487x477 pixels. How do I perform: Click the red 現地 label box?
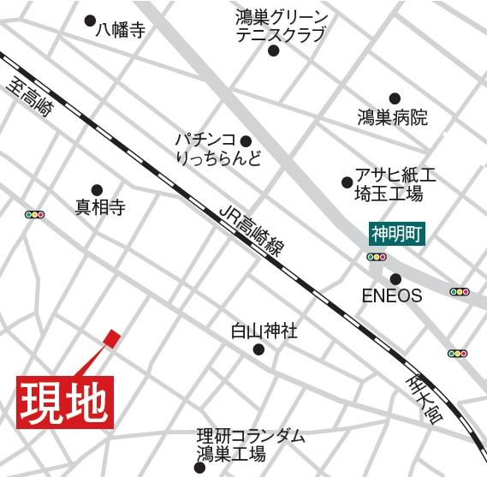pyautogui.click(x=65, y=400)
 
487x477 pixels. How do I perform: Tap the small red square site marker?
pyautogui.click(x=111, y=338)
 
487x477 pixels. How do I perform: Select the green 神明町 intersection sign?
pyautogui.click(x=398, y=232)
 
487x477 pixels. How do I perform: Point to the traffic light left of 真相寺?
pyautogui.click(x=35, y=214)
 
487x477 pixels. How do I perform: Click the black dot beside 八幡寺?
pyautogui.click(x=91, y=20)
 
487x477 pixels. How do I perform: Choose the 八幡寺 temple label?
pyautogui.click(x=121, y=31)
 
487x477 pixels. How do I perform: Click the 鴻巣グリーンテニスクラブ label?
pyautogui.click(x=281, y=26)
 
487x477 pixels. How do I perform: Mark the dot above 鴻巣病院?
pyautogui.click(x=395, y=98)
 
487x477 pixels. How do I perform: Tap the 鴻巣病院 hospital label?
pyautogui.click(x=393, y=118)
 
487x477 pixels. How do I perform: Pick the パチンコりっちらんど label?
pyautogui.click(x=217, y=149)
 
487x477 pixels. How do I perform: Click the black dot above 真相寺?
pyautogui.click(x=97, y=189)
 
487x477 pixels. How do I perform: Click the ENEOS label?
pyautogui.click(x=392, y=296)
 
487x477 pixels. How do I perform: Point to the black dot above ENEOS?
pyautogui.click(x=395, y=278)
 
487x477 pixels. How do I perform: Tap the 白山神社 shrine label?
pyautogui.click(x=265, y=330)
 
